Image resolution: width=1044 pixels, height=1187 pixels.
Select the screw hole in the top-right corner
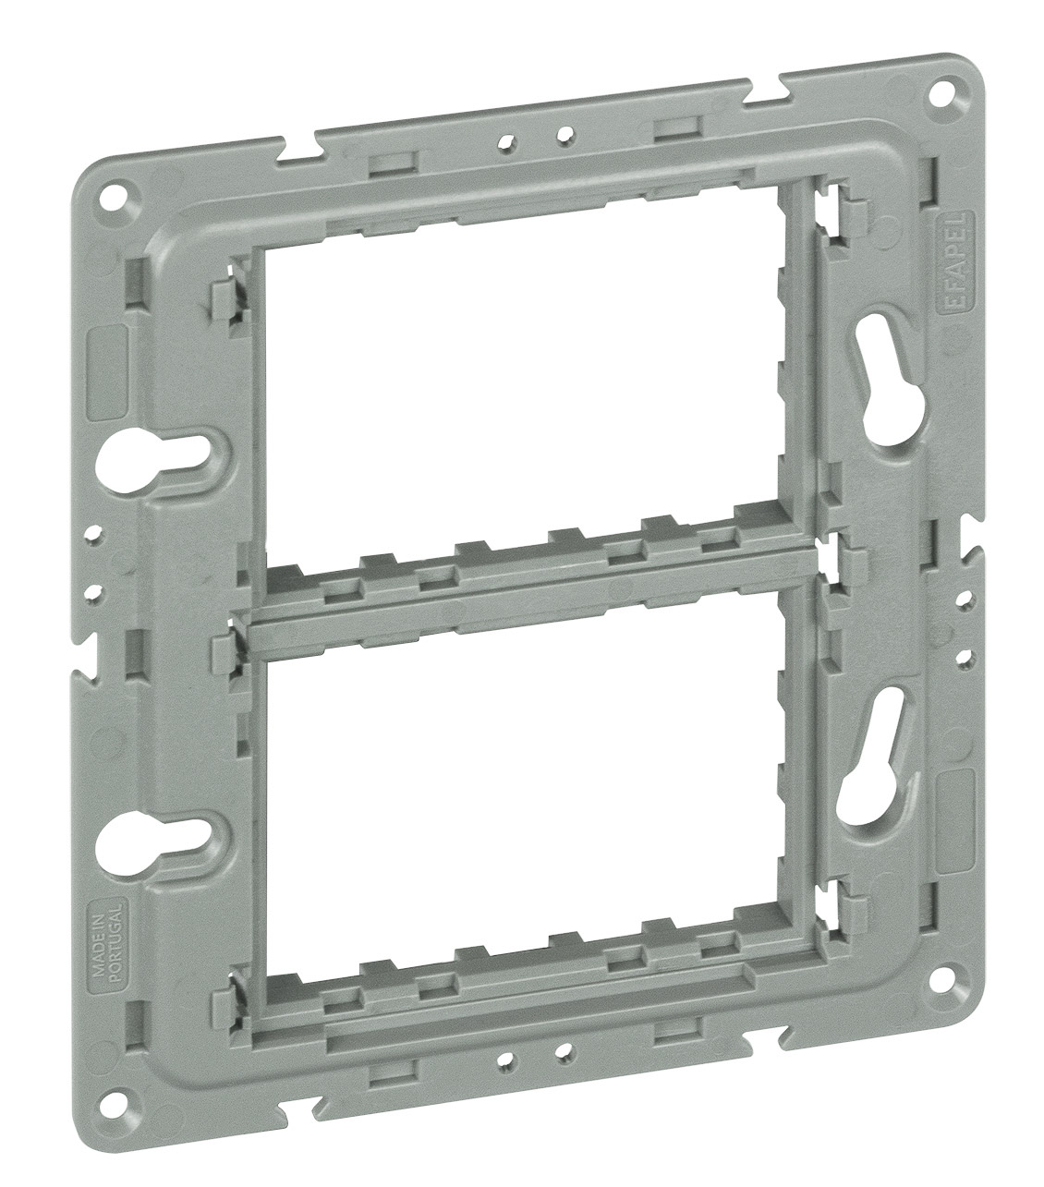942,91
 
